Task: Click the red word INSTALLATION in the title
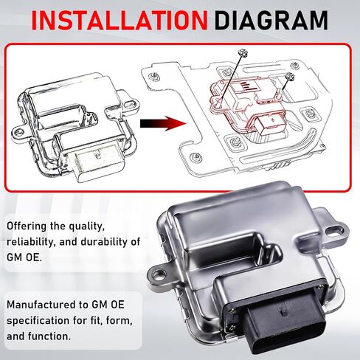click(x=120, y=20)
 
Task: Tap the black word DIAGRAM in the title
click(x=271, y=20)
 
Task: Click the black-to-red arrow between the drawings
click(x=163, y=123)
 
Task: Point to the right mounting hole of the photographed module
click(x=335, y=230)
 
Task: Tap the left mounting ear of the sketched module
click(x=18, y=133)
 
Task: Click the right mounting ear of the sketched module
click(x=130, y=104)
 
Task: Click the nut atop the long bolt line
click(x=243, y=53)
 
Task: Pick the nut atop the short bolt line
click(x=290, y=77)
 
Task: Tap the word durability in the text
click(x=104, y=242)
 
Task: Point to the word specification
click(x=38, y=321)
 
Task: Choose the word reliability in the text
click(x=31, y=242)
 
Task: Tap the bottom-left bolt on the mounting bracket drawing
click(x=196, y=156)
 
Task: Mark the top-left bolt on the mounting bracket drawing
click(x=153, y=76)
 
